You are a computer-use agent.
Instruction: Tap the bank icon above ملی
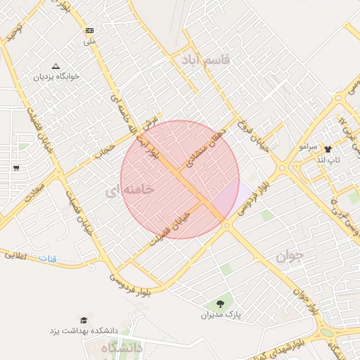coord(89,30)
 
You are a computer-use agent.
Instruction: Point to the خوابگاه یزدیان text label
coord(57,75)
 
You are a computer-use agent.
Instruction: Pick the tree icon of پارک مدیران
coord(221,304)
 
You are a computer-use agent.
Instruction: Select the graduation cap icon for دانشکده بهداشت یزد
coord(85,319)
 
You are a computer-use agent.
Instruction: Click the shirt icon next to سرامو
coord(327,148)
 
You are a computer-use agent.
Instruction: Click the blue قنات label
coord(46,258)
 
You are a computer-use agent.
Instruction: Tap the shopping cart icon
coord(15,167)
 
